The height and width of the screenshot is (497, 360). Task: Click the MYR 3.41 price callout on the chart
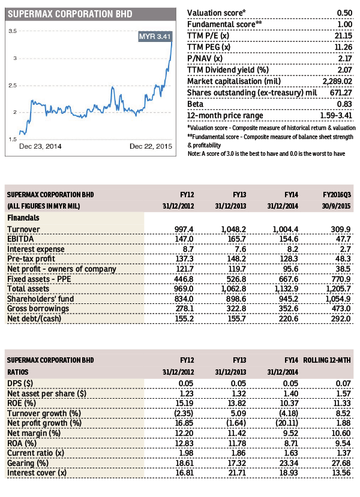click(155, 37)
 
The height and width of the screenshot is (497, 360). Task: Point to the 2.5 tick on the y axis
click(13, 85)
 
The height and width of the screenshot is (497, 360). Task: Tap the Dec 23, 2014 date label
click(40, 146)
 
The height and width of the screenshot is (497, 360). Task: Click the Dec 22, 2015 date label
click(151, 146)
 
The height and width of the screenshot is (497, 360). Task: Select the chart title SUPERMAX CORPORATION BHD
click(70, 14)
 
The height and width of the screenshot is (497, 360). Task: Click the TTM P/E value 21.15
click(343, 35)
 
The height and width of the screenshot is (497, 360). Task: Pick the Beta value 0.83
click(344, 104)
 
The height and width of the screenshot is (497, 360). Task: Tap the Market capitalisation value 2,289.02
click(337, 82)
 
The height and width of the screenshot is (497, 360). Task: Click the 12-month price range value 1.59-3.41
click(336, 115)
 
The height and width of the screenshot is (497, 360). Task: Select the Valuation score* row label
click(217, 13)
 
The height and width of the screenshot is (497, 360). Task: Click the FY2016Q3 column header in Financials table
click(337, 195)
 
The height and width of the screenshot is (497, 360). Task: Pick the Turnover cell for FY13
click(233, 229)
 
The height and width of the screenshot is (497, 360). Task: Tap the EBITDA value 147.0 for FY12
click(184, 239)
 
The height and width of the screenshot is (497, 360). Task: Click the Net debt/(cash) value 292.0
click(341, 318)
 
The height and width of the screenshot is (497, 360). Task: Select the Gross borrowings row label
click(38, 309)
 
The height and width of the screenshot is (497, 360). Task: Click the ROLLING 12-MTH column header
click(327, 360)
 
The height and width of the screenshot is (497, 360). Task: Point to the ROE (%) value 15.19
click(185, 403)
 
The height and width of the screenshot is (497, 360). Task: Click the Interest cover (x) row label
click(37, 473)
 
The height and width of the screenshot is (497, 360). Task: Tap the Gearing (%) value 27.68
click(341, 463)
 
